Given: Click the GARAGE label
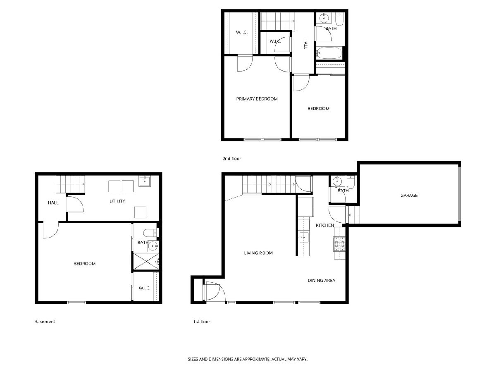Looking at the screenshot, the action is point(409,196).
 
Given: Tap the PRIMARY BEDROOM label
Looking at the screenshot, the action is point(257,99).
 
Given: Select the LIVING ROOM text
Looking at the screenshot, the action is point(258,253).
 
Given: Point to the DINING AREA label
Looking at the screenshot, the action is point(321,281).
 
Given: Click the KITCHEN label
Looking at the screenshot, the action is point(324,225).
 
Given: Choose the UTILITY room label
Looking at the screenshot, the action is point(117,201).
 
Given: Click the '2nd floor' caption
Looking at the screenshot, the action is point(231,159).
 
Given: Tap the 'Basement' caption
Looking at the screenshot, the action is point(45,322).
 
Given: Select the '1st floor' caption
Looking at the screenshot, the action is point(202,322).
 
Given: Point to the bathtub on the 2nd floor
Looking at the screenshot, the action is point(329,54).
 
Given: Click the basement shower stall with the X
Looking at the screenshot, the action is point(146,261).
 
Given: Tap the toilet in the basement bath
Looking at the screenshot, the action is point(150,233).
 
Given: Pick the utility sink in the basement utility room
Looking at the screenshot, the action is point(145,181).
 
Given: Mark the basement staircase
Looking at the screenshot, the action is point(70,184).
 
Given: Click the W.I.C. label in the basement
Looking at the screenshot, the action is point(144,288).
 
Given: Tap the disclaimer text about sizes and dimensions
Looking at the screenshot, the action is point(248,359).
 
